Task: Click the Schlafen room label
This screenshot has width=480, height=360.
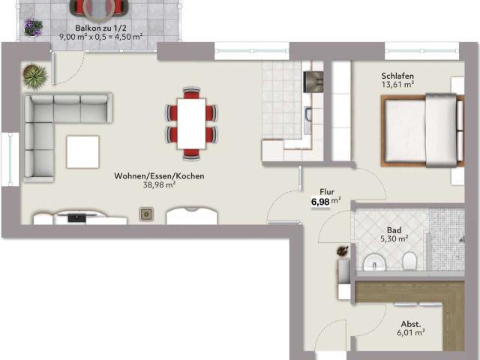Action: tap(397, 76)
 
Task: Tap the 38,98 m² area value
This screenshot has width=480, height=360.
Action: tap(159, 185)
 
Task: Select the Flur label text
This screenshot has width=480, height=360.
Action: tap(327, 192)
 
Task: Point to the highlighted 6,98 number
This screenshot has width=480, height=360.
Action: tap(320, 202)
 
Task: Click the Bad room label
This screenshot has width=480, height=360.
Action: tap(394, 230)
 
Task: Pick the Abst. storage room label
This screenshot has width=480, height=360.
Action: tap(411, 324)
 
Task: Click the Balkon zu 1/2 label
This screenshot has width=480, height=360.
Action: tap(101, 28)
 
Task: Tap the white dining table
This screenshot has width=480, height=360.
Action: tap(191, 124)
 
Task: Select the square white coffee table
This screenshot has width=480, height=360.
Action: tap(83, 152)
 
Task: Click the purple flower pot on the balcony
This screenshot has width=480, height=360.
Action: tap(33, 28)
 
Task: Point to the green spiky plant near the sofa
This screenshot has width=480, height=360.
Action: tap(35, 76)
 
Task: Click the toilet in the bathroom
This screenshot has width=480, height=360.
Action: tap(409, 261)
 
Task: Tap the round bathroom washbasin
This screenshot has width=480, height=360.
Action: tap(374, 262)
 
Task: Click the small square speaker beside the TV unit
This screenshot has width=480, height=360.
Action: tap(146, 214)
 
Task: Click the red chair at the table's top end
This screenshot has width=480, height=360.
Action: tap(191, 92)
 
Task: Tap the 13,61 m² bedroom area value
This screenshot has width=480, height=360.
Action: tap(397, 85)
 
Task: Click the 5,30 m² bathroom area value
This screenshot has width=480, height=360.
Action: tap(394, 238)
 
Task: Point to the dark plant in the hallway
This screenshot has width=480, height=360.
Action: tap(343, 250)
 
